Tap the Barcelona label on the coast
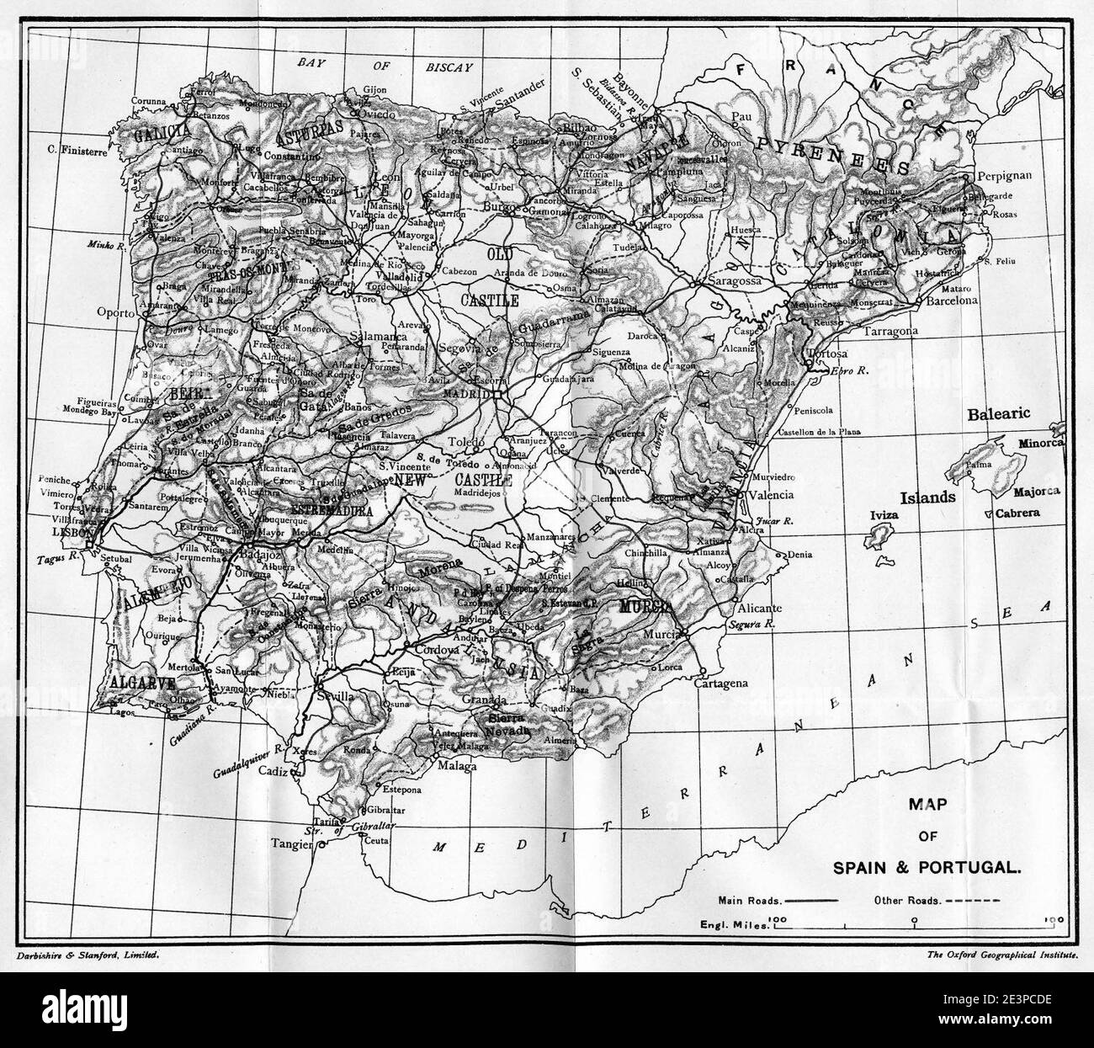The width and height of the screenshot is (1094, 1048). pos(951,300)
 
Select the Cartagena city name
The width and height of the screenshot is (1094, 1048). pos(721,684)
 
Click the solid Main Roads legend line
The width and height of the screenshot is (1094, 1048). pos(810,900)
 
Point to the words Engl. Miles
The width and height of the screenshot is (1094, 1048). pos(735,924)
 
